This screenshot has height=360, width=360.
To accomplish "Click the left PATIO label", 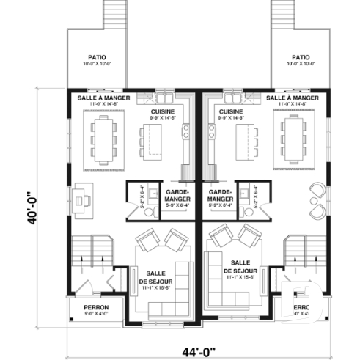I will click(x=95, y=56).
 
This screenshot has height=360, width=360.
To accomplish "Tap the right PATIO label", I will click(x=300, y=56).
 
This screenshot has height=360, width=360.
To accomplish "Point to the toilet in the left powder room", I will click(x=150, y=210).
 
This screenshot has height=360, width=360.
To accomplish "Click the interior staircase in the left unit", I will click(x=94, y=257).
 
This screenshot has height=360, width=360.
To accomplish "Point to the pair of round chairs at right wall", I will click(x=317, y=199).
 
